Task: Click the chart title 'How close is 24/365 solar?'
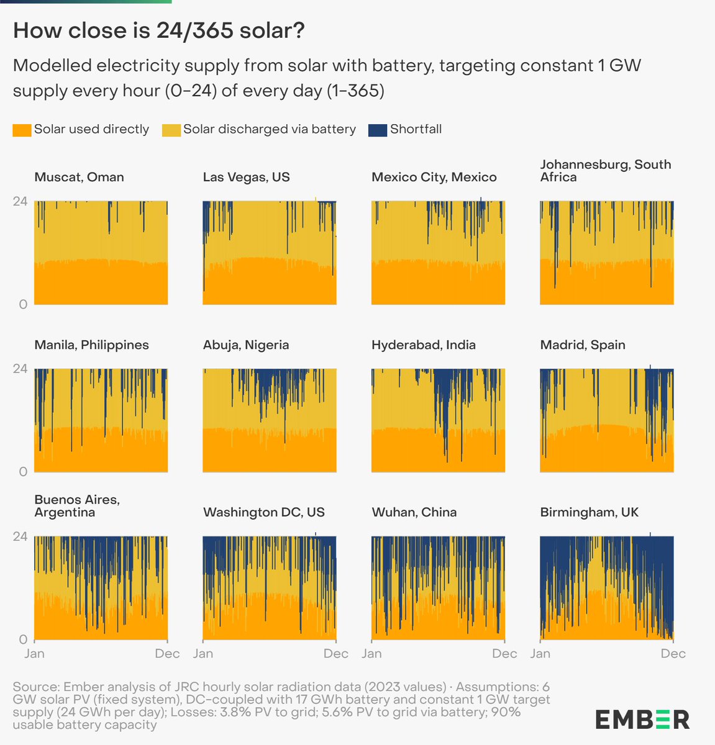[158, 30]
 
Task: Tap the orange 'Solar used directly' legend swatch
[22, 130]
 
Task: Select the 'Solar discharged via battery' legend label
[269, 129]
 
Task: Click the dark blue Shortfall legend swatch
[378, 130]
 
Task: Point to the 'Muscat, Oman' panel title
[79, 177]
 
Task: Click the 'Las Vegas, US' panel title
[246, 177]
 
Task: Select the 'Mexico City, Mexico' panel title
[434, 177]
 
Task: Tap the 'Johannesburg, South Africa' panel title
[605, 171]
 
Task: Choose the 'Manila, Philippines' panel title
[91, 345]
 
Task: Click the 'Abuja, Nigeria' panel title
[245, 345]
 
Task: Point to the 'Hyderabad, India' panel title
[423, 345]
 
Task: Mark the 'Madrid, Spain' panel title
[582, 345]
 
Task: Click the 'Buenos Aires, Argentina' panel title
[76, 506]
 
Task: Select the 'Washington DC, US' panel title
[263, 512]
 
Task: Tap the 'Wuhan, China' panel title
[414, 512]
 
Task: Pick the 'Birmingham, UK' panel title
[589, 512]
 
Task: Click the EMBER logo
[642, 719]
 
